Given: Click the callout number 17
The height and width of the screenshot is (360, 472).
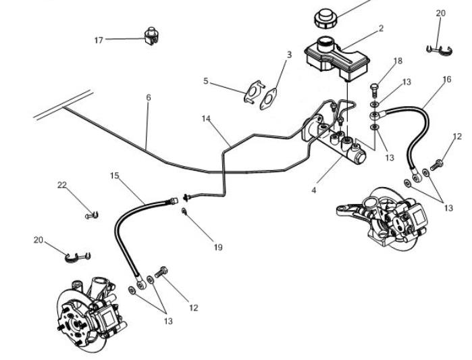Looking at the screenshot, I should pos(99,40).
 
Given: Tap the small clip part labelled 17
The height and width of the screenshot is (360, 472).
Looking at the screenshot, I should pos(151,34).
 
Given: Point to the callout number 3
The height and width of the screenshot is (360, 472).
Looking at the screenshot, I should pos(289,55).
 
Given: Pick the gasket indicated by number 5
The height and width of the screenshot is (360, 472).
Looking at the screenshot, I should pos(252,93).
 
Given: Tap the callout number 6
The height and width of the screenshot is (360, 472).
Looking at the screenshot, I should pos(149,98).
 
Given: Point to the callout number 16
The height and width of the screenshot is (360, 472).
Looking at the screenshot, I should pos(446,80).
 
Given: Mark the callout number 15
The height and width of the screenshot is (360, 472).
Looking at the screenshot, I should pos(114,176).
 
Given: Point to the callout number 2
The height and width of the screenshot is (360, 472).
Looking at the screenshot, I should pos(381,28).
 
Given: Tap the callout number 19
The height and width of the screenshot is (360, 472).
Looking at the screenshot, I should pos(217,248).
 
